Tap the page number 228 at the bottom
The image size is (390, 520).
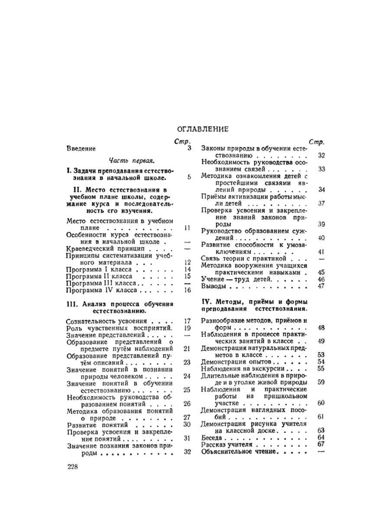click(75, 466)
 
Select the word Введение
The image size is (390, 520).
click(81, 148)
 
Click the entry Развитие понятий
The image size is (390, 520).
click(92, 424)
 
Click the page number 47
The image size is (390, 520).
click(321, 286)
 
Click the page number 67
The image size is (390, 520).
click(321, 445)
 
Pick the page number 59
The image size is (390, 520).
click(321, 382)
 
